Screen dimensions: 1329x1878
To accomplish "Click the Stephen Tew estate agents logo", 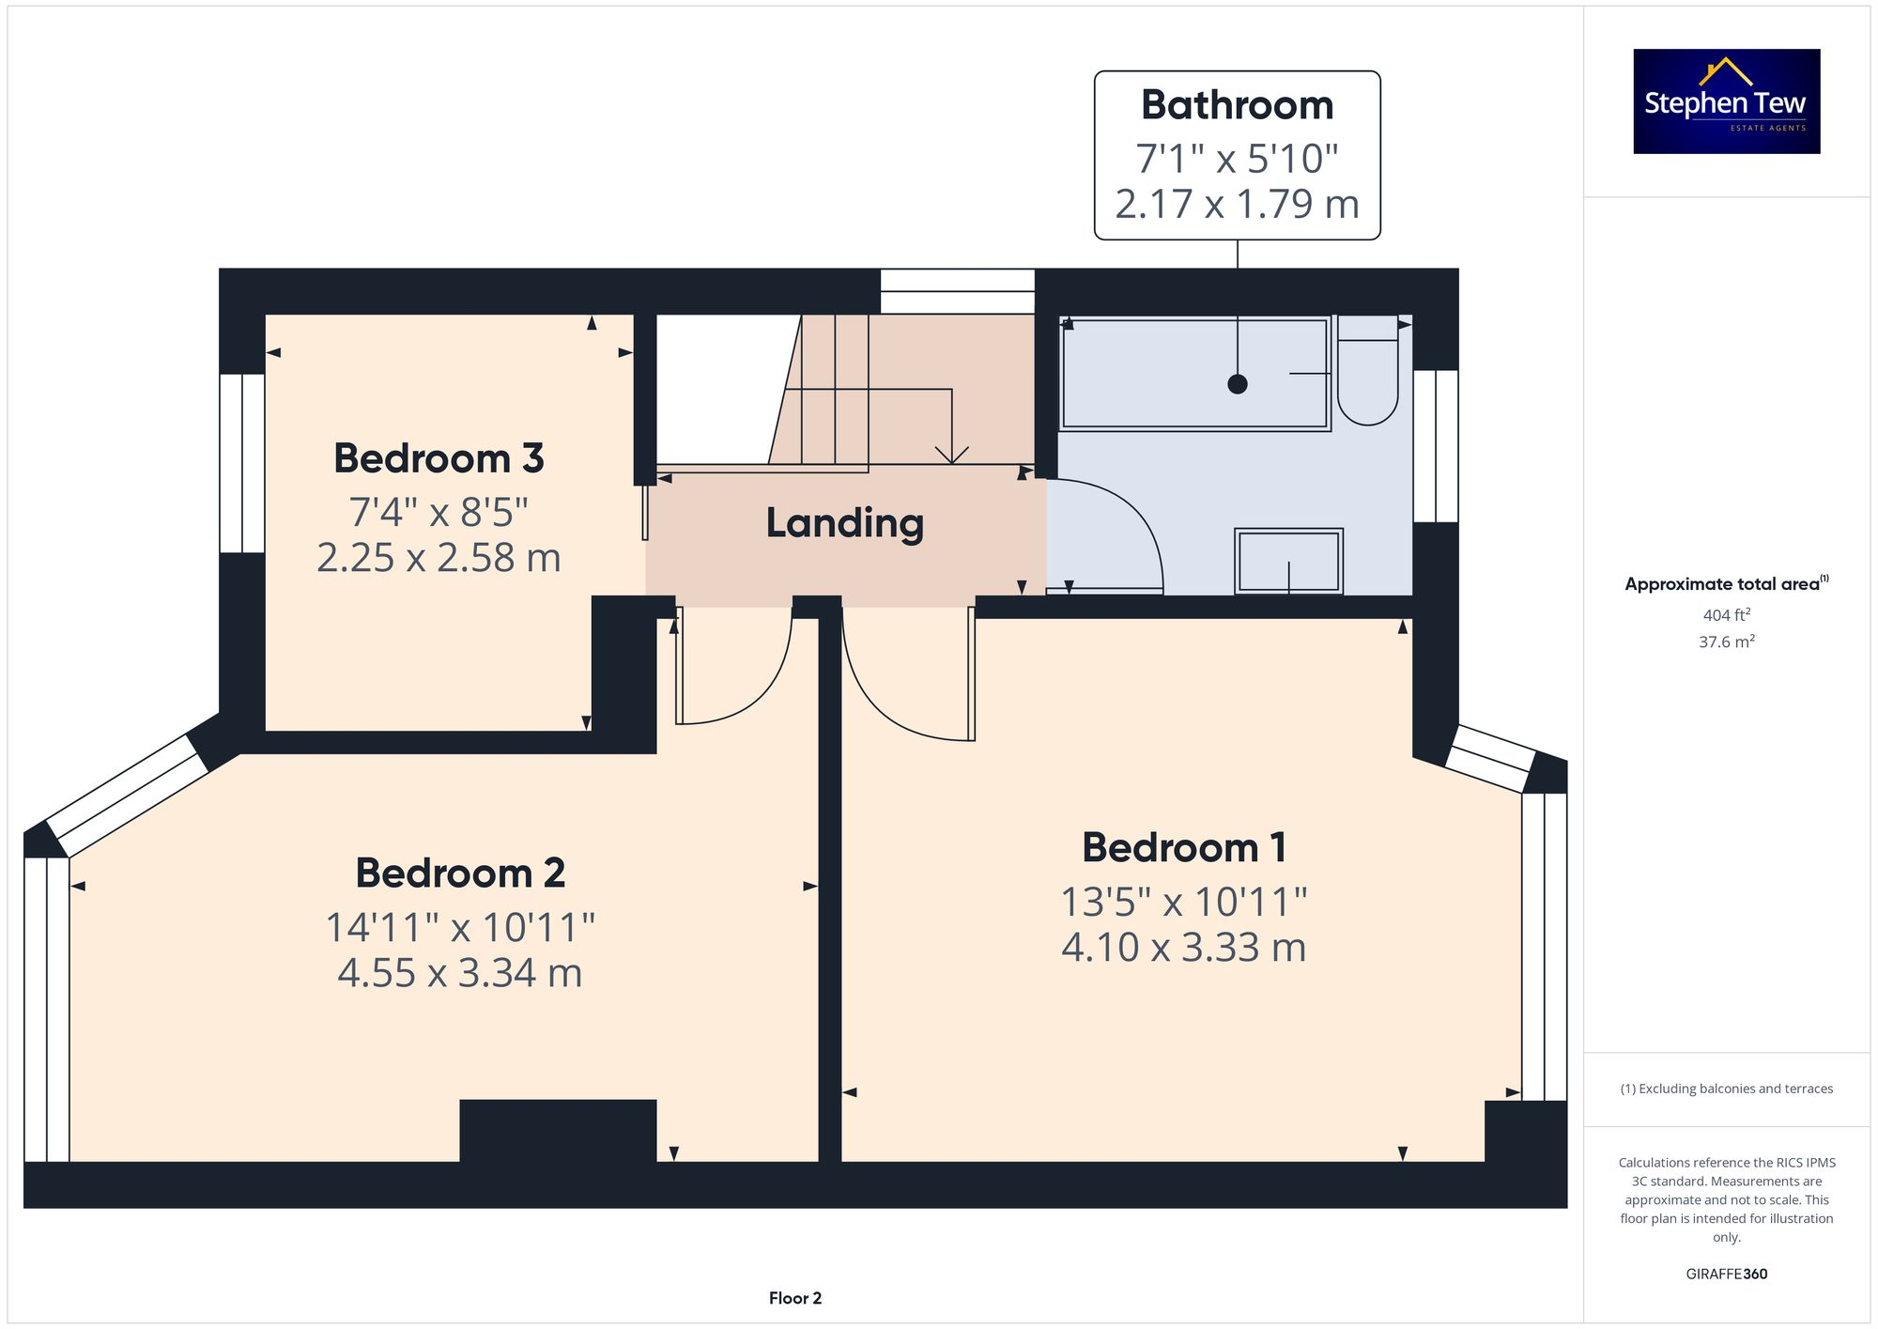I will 1726,101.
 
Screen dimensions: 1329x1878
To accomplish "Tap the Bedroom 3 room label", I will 439,458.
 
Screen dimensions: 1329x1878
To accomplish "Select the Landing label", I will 844,523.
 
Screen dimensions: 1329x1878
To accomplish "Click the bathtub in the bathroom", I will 1194,374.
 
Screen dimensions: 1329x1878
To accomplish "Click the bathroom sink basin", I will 1288,562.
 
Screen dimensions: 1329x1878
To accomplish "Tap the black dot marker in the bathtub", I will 1238,383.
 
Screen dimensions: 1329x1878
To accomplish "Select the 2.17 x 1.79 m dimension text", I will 1237,204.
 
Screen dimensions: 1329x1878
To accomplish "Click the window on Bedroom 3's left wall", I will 242,463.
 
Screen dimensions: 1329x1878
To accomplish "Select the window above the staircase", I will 957,291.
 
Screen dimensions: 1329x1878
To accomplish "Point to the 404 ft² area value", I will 1726,615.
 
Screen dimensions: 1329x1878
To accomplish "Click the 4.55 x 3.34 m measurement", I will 459,973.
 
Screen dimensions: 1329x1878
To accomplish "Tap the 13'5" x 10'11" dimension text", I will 1183,903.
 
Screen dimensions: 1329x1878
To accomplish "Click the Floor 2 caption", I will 794,1298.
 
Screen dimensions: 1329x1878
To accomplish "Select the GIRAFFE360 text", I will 1726,1275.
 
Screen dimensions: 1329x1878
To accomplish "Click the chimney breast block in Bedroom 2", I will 558,1131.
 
